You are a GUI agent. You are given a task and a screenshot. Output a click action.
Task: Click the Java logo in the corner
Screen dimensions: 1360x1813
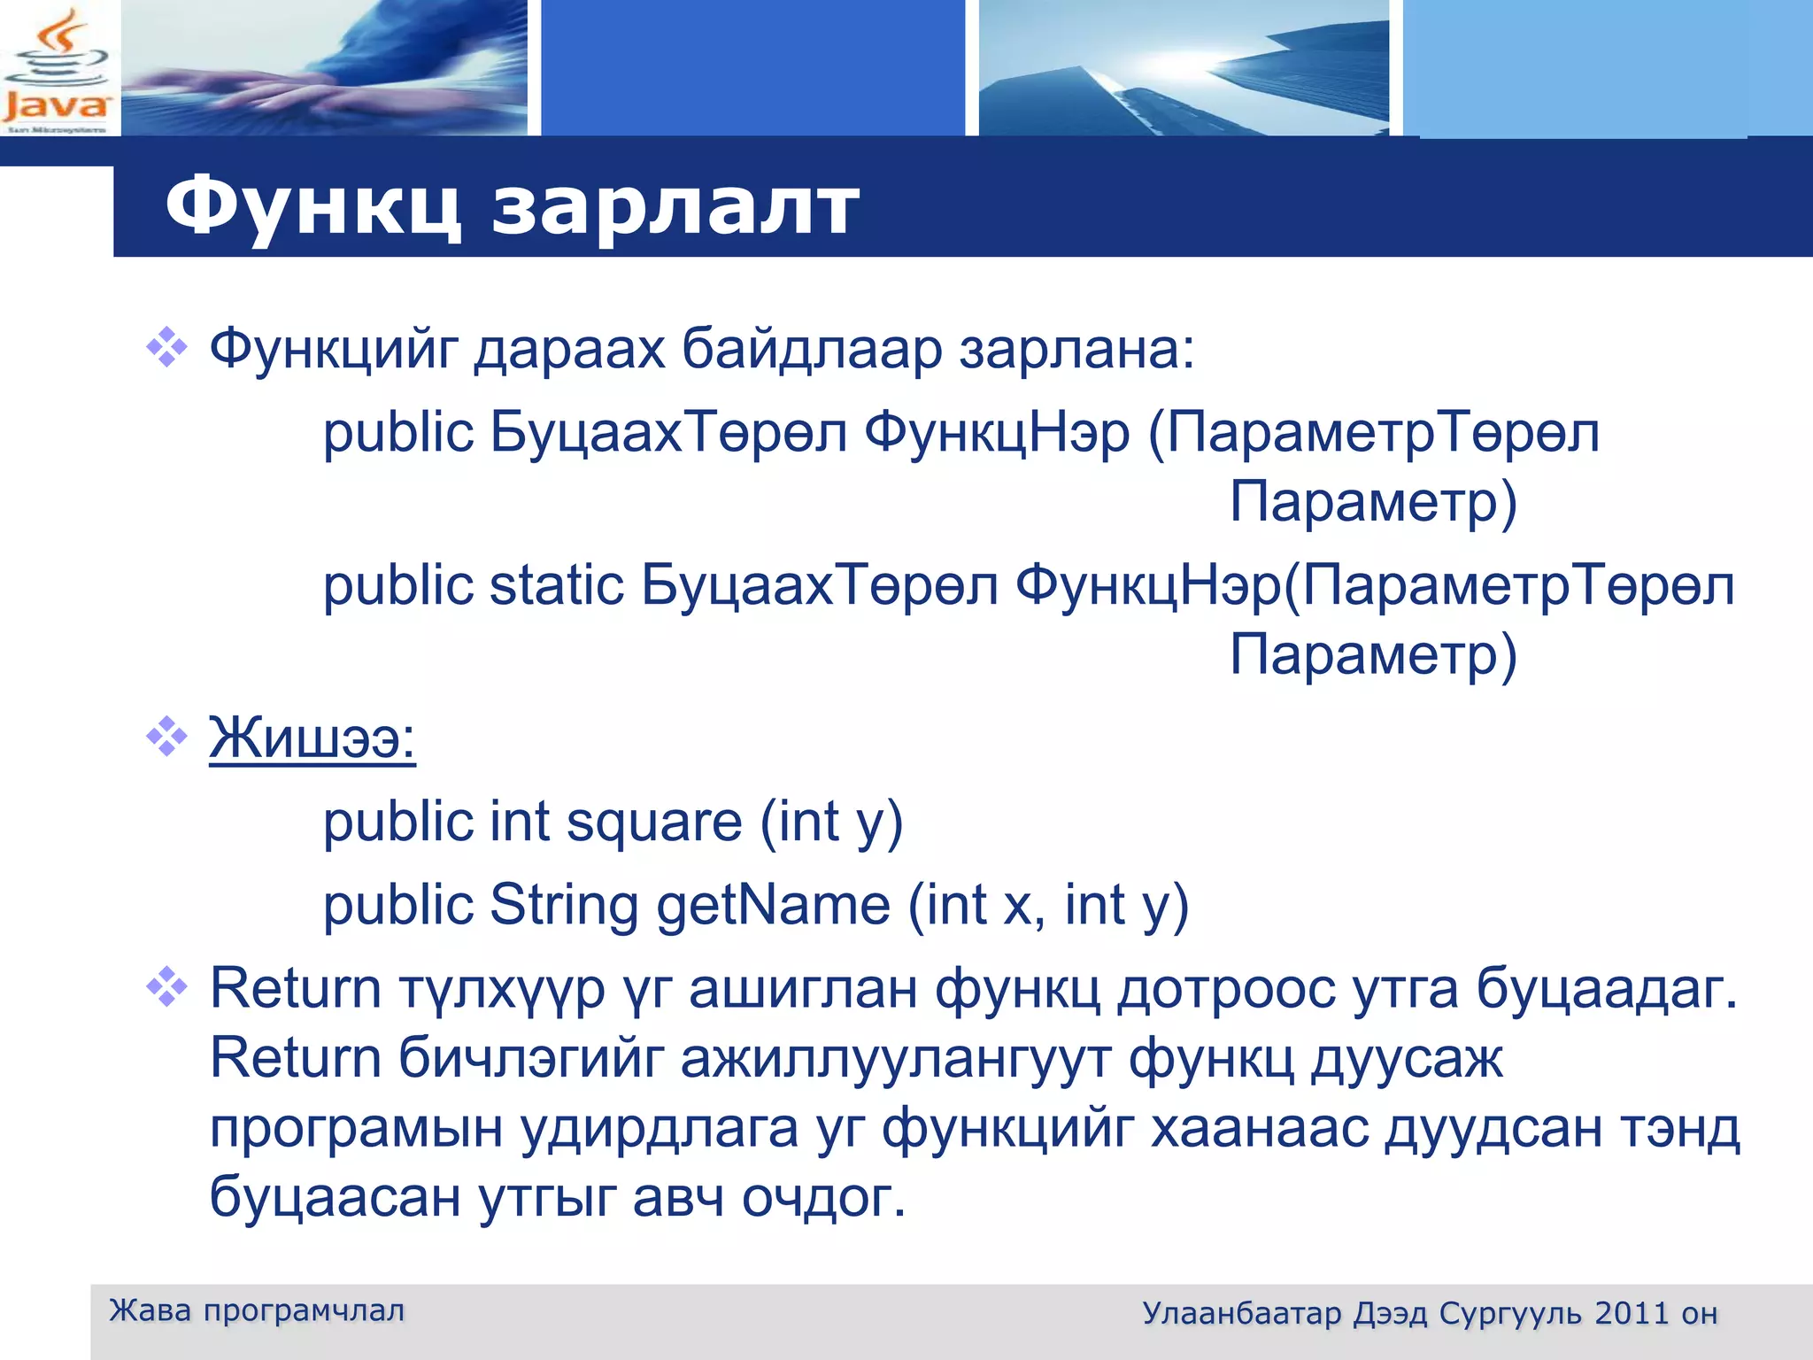click(58, 69)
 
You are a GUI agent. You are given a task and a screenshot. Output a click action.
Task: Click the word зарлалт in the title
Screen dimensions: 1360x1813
click(675, 206)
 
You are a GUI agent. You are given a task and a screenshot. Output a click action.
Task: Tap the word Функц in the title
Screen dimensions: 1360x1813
click(312, 206)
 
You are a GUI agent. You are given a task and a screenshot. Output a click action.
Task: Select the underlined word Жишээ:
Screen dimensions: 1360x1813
click(312, 737)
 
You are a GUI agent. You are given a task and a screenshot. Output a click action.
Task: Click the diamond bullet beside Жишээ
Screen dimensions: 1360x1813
click(166, 737)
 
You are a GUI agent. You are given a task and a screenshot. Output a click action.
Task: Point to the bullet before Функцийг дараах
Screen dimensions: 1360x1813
click(166, 348)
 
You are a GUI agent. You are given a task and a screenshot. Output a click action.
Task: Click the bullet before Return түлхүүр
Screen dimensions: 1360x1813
click(166, 987)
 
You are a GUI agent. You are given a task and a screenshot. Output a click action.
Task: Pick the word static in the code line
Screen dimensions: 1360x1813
click(557, 585)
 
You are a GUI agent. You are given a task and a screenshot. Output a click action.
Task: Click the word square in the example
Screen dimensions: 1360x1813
click(654, 822)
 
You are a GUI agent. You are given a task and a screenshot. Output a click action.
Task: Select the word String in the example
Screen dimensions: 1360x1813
click(563, 905)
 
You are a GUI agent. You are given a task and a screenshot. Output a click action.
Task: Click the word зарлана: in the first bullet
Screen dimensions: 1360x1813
click(1076, 349)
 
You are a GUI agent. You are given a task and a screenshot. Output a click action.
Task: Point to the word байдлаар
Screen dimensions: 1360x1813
click(812, 349)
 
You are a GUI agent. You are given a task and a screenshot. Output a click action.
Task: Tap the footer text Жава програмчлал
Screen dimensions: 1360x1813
click(257, 1310)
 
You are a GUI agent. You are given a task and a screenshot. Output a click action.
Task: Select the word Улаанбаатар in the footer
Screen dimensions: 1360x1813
click(1241, 1313)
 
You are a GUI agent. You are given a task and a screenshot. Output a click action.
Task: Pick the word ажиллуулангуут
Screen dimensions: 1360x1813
click(896, 1058)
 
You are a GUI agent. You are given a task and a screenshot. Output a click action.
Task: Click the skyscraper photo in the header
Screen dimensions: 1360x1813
click(1183, 68)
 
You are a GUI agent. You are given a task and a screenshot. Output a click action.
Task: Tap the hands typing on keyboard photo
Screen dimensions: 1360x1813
click(324, 68)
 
